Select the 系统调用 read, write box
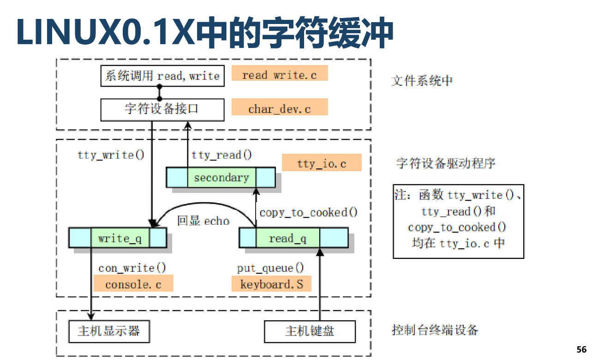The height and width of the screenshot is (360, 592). (x=162, y=76)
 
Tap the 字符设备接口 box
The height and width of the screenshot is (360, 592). (x=162, y=109)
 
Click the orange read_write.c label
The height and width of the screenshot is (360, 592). (x=280, y=74)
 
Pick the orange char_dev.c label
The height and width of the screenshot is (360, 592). (x=280, y=109)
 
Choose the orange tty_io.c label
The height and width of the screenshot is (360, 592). (x=322, y=163)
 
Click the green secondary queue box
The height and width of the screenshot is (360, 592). (x=221, y=178)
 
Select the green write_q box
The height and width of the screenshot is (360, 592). (x=120, y=238)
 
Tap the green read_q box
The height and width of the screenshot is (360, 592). (x=287, y=238)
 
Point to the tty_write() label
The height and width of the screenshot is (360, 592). (x=111, y=155)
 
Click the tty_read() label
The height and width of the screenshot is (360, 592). (x=222, y=155)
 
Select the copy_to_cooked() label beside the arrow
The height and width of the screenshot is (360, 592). (x=309, y=213)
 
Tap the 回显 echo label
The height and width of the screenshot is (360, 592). (x=203, y=221)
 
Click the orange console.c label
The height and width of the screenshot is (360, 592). (x=133, y=284)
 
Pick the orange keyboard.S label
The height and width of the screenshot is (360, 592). (x=272, y=284)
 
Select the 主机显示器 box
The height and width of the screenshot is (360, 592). (x=109, y=331)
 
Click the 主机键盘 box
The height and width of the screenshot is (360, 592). (x=310, y=331)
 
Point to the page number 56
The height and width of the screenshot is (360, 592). (x=581, y=349)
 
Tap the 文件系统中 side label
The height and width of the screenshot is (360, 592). (x=422, y=81)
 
